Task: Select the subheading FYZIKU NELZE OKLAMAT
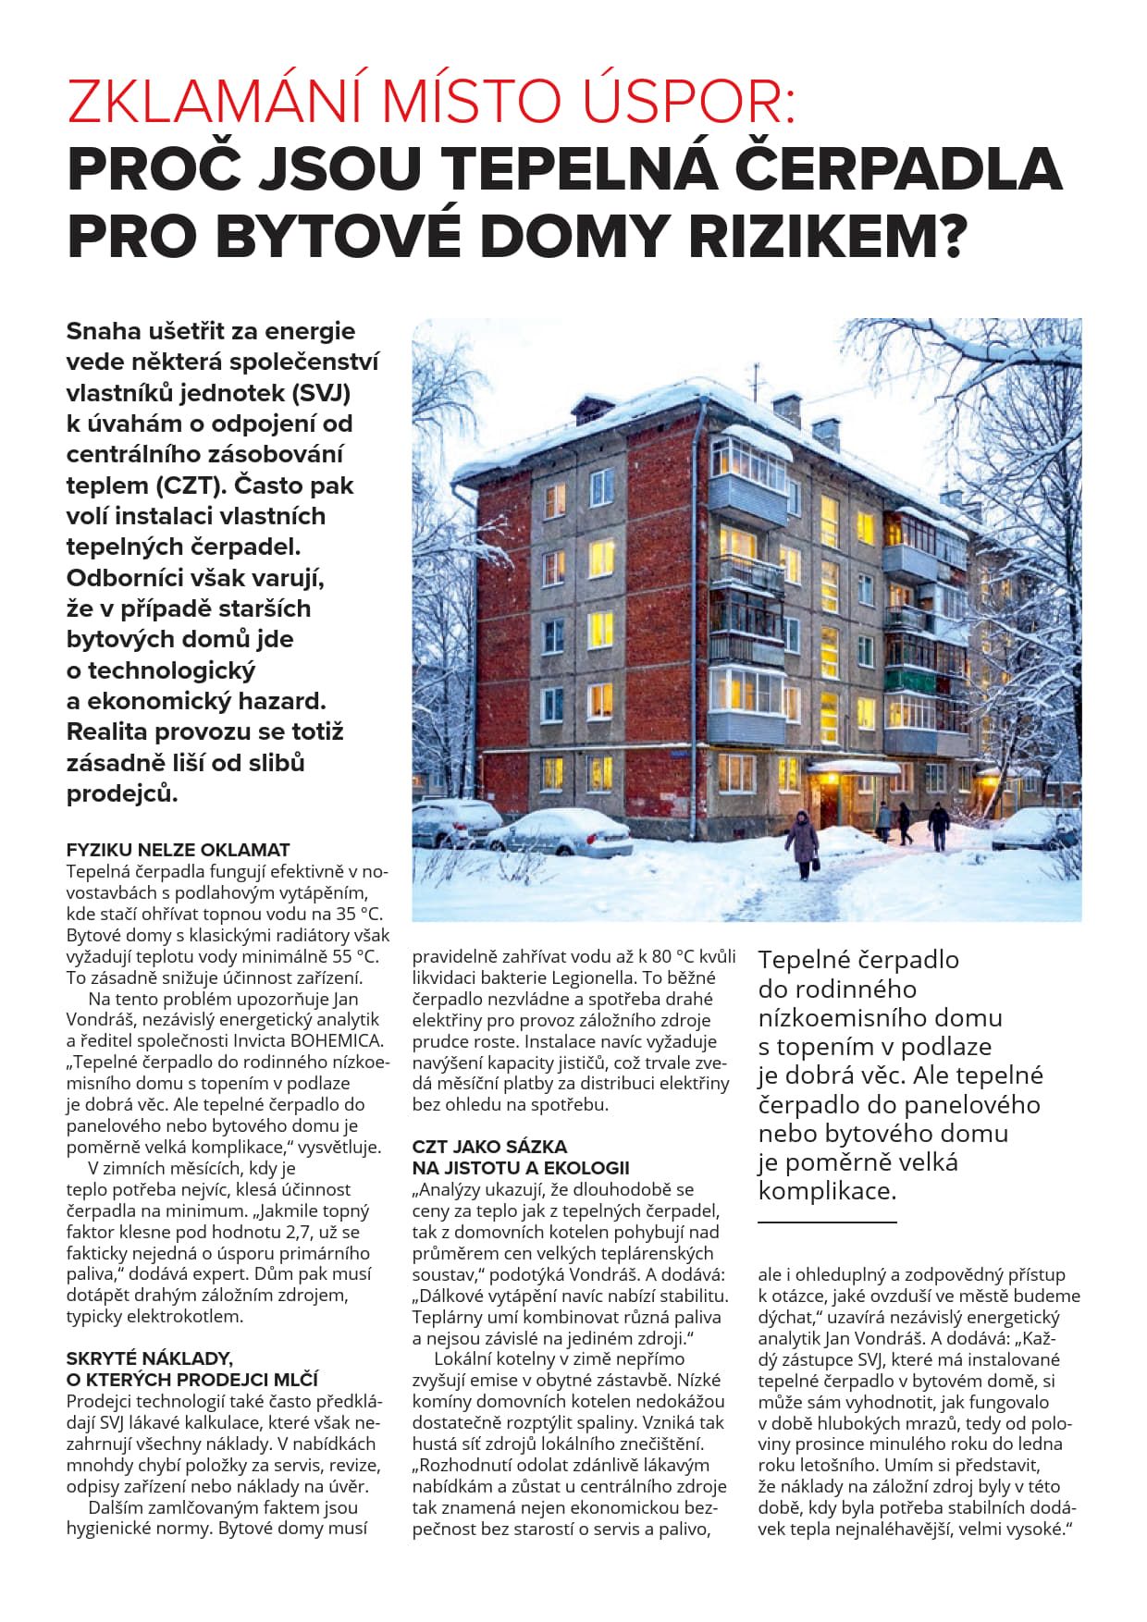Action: (x=178, y=849)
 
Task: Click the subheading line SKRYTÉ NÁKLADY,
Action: (x=148, y=1358)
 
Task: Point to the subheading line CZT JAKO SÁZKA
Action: (x=489, y=1147)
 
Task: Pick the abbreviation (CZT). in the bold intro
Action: (x=192, y=485)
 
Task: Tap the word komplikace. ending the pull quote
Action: (x=827, y=1191)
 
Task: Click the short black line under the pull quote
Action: (x=827, y=1222)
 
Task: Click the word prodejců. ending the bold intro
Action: (x=121, y=793)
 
